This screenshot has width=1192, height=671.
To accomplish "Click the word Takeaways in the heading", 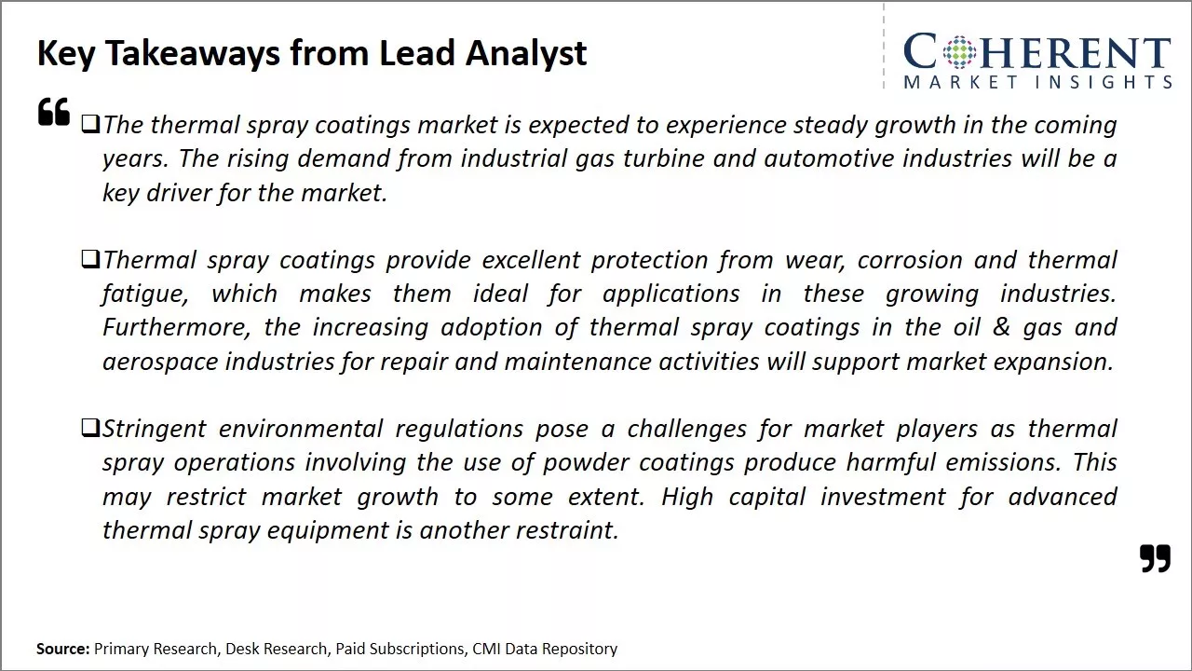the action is tap(193, 54).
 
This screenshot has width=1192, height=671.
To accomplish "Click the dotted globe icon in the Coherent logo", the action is tap(959, 51).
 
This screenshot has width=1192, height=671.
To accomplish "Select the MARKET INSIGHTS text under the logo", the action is tap(1037, 82).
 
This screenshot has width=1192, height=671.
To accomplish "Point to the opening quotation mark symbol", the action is tap(54, 112).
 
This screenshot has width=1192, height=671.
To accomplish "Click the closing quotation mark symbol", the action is tap(1156, 558).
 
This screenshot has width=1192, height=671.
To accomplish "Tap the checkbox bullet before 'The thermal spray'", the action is tap(90, 125).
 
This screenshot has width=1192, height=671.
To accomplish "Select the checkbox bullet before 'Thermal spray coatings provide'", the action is tap(90, 259).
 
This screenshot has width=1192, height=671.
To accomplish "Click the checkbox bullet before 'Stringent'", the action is tap(90, 428).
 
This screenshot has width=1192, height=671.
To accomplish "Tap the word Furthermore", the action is tap(176, 327).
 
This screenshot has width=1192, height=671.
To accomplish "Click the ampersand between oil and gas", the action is tap(1001, 327).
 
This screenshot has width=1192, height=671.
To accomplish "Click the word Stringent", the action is tap(154, 430).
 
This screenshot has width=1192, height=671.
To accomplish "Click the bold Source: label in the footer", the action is tap(62, 649).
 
